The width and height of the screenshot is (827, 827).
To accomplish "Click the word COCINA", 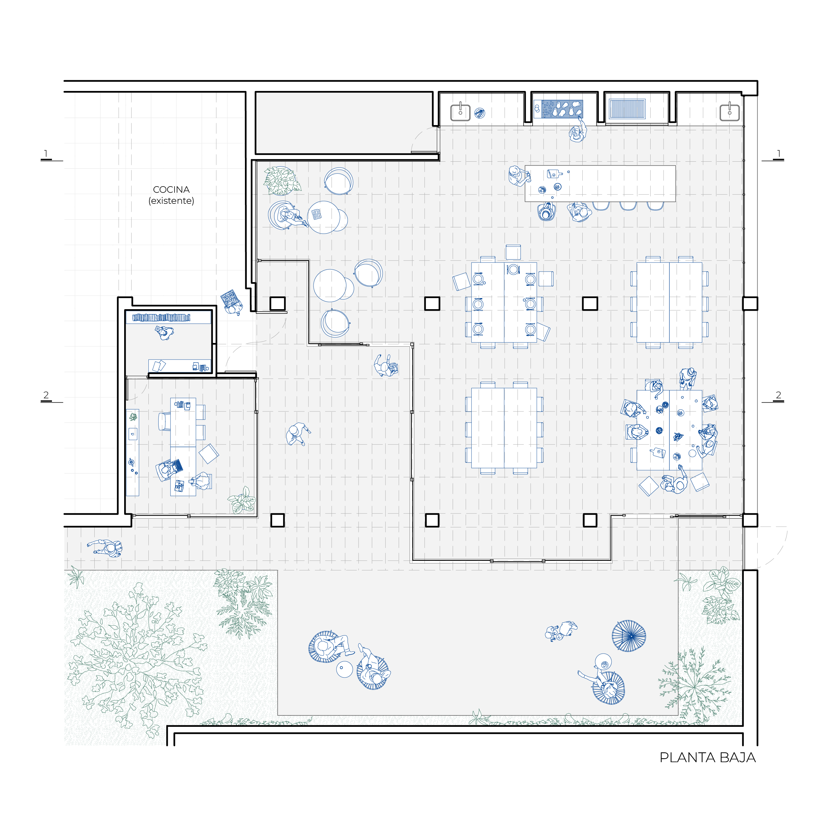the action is click(171, 189).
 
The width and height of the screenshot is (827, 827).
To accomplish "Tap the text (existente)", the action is click(171, 201).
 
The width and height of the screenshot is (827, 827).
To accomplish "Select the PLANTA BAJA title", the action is click(707, 757).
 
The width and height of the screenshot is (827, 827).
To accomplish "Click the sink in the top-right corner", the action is click(729, 112).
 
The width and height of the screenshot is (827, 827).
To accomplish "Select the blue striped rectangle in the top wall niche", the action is click(627, 109).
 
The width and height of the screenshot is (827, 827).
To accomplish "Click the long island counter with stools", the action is click(600, 184).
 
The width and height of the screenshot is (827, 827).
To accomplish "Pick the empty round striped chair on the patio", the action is click(629, 636).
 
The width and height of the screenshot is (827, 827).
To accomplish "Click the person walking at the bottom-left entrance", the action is click(105, 548).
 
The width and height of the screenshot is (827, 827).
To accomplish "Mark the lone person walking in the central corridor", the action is click(297, 434).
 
